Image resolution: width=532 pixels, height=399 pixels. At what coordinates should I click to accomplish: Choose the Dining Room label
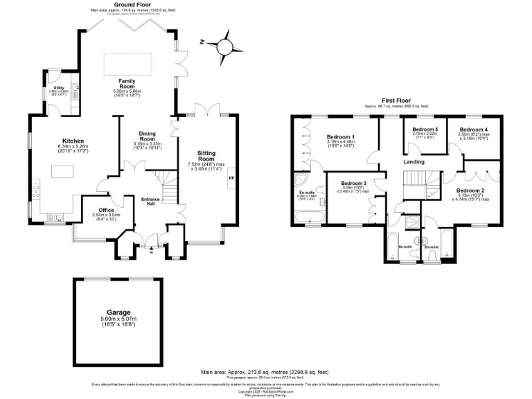click(147, 136)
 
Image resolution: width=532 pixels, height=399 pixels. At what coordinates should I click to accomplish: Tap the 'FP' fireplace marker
click(231, 178)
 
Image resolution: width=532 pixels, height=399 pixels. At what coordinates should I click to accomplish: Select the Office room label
click(105, 209)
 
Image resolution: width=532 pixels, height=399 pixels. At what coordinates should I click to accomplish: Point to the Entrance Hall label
click(152, 200)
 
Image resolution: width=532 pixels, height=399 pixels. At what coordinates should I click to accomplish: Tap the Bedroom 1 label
click(340, 136)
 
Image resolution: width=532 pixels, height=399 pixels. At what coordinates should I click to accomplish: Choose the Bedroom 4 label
click(474, 130)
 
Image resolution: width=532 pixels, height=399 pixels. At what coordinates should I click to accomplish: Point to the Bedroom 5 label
click(425, 130)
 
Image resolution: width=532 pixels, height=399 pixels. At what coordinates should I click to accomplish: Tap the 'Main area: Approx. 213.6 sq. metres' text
click(260, 372)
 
